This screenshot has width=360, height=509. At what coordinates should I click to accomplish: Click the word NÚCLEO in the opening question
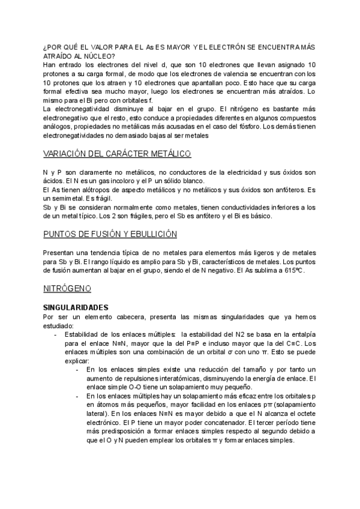(93, 56)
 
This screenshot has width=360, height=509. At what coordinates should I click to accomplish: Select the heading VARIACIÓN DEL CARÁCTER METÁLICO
(118, 154)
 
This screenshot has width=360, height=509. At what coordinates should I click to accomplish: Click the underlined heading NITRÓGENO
(67, 288)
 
